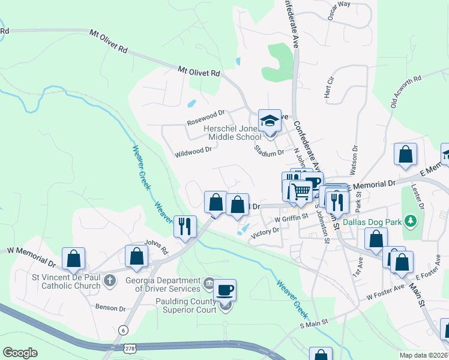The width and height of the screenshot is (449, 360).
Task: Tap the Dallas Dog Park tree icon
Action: tap(411, 221)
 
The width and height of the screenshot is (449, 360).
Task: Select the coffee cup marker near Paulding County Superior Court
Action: tap(225, 290)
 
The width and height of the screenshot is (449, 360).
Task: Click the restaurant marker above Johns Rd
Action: tap(184, 226)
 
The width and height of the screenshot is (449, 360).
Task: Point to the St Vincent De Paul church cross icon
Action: tap(109, 280)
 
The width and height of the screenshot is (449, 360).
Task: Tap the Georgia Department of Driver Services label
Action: tap(163, 284)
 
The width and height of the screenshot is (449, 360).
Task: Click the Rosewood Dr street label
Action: tap(205, 113)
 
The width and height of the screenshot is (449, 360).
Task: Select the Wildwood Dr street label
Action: tap(193, 152)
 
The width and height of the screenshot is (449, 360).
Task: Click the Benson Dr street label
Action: tap(110, 307)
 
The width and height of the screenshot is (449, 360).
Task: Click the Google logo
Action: tap(20, 352)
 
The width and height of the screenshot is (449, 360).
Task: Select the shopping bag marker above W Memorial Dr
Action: tap(73, 259)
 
